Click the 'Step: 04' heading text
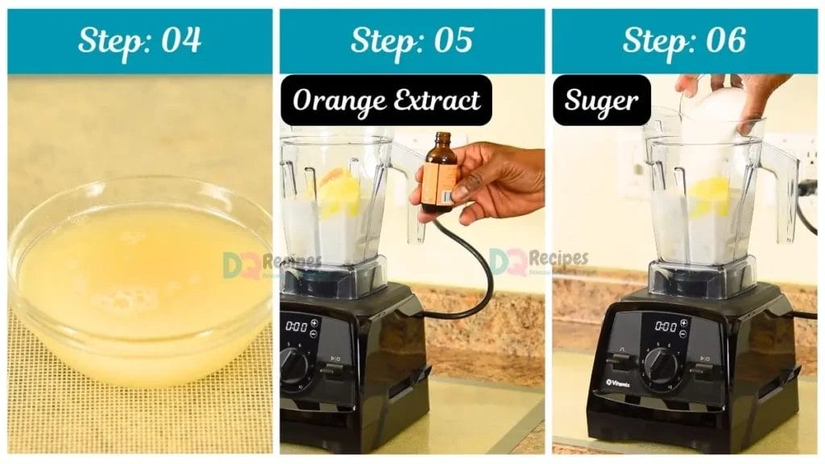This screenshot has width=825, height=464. tap(139, 40)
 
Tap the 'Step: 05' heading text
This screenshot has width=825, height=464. tap(412, 40)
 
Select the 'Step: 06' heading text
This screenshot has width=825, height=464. tap(684, 40)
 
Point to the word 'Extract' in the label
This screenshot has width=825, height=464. tap(435, 101)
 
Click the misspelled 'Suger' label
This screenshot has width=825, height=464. tap(601, 101)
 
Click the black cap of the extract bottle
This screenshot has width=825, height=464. tap(442, 139)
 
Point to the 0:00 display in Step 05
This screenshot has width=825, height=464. tap(296, 326)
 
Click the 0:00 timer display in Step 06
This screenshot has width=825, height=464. tap(665, 325)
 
